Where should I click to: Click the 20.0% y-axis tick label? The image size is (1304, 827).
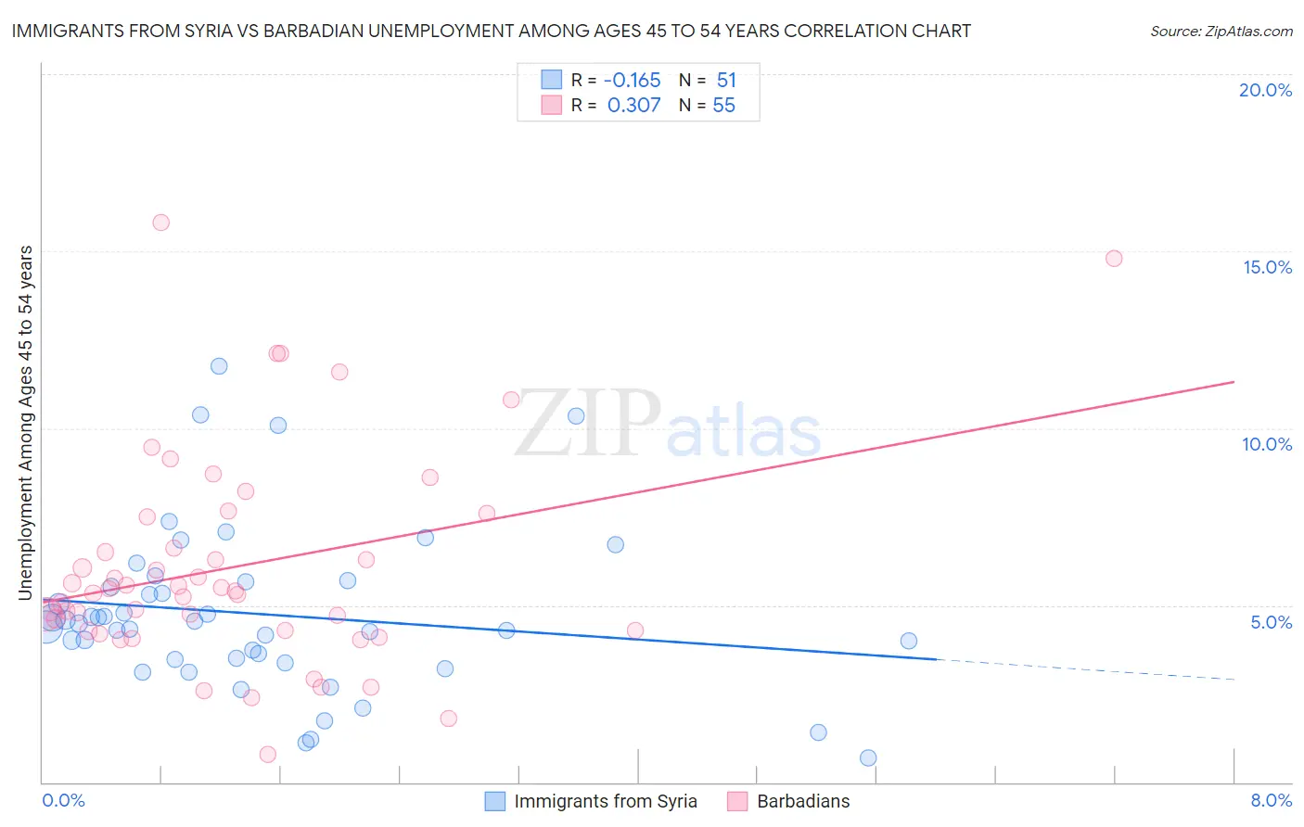point(1265,90)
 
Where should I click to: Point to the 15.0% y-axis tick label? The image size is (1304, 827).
point(1267,267)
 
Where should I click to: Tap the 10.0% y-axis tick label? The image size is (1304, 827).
point(1267,444)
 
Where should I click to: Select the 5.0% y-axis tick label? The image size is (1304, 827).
point(1271,622)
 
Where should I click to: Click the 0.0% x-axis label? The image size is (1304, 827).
point(63,800)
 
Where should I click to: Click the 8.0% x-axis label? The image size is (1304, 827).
point(1271,800)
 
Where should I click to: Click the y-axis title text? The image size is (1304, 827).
point(25,423)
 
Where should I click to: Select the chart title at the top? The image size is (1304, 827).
point(492,31)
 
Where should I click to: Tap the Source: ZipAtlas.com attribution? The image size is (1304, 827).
point(1221,32)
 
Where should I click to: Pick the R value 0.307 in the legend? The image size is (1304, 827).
point(633,106)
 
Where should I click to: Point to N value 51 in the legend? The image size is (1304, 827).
point(726,81)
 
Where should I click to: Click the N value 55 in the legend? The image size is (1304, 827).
point(723,106)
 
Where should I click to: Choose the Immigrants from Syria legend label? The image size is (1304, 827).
point(605,801)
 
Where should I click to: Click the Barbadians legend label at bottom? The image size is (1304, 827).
point(803,801)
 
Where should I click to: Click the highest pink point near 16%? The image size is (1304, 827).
point(160,223)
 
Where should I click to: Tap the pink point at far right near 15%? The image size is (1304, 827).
point(1114,259)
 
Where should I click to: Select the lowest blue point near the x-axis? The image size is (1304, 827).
point(868,757)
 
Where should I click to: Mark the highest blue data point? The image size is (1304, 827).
point(219,366)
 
